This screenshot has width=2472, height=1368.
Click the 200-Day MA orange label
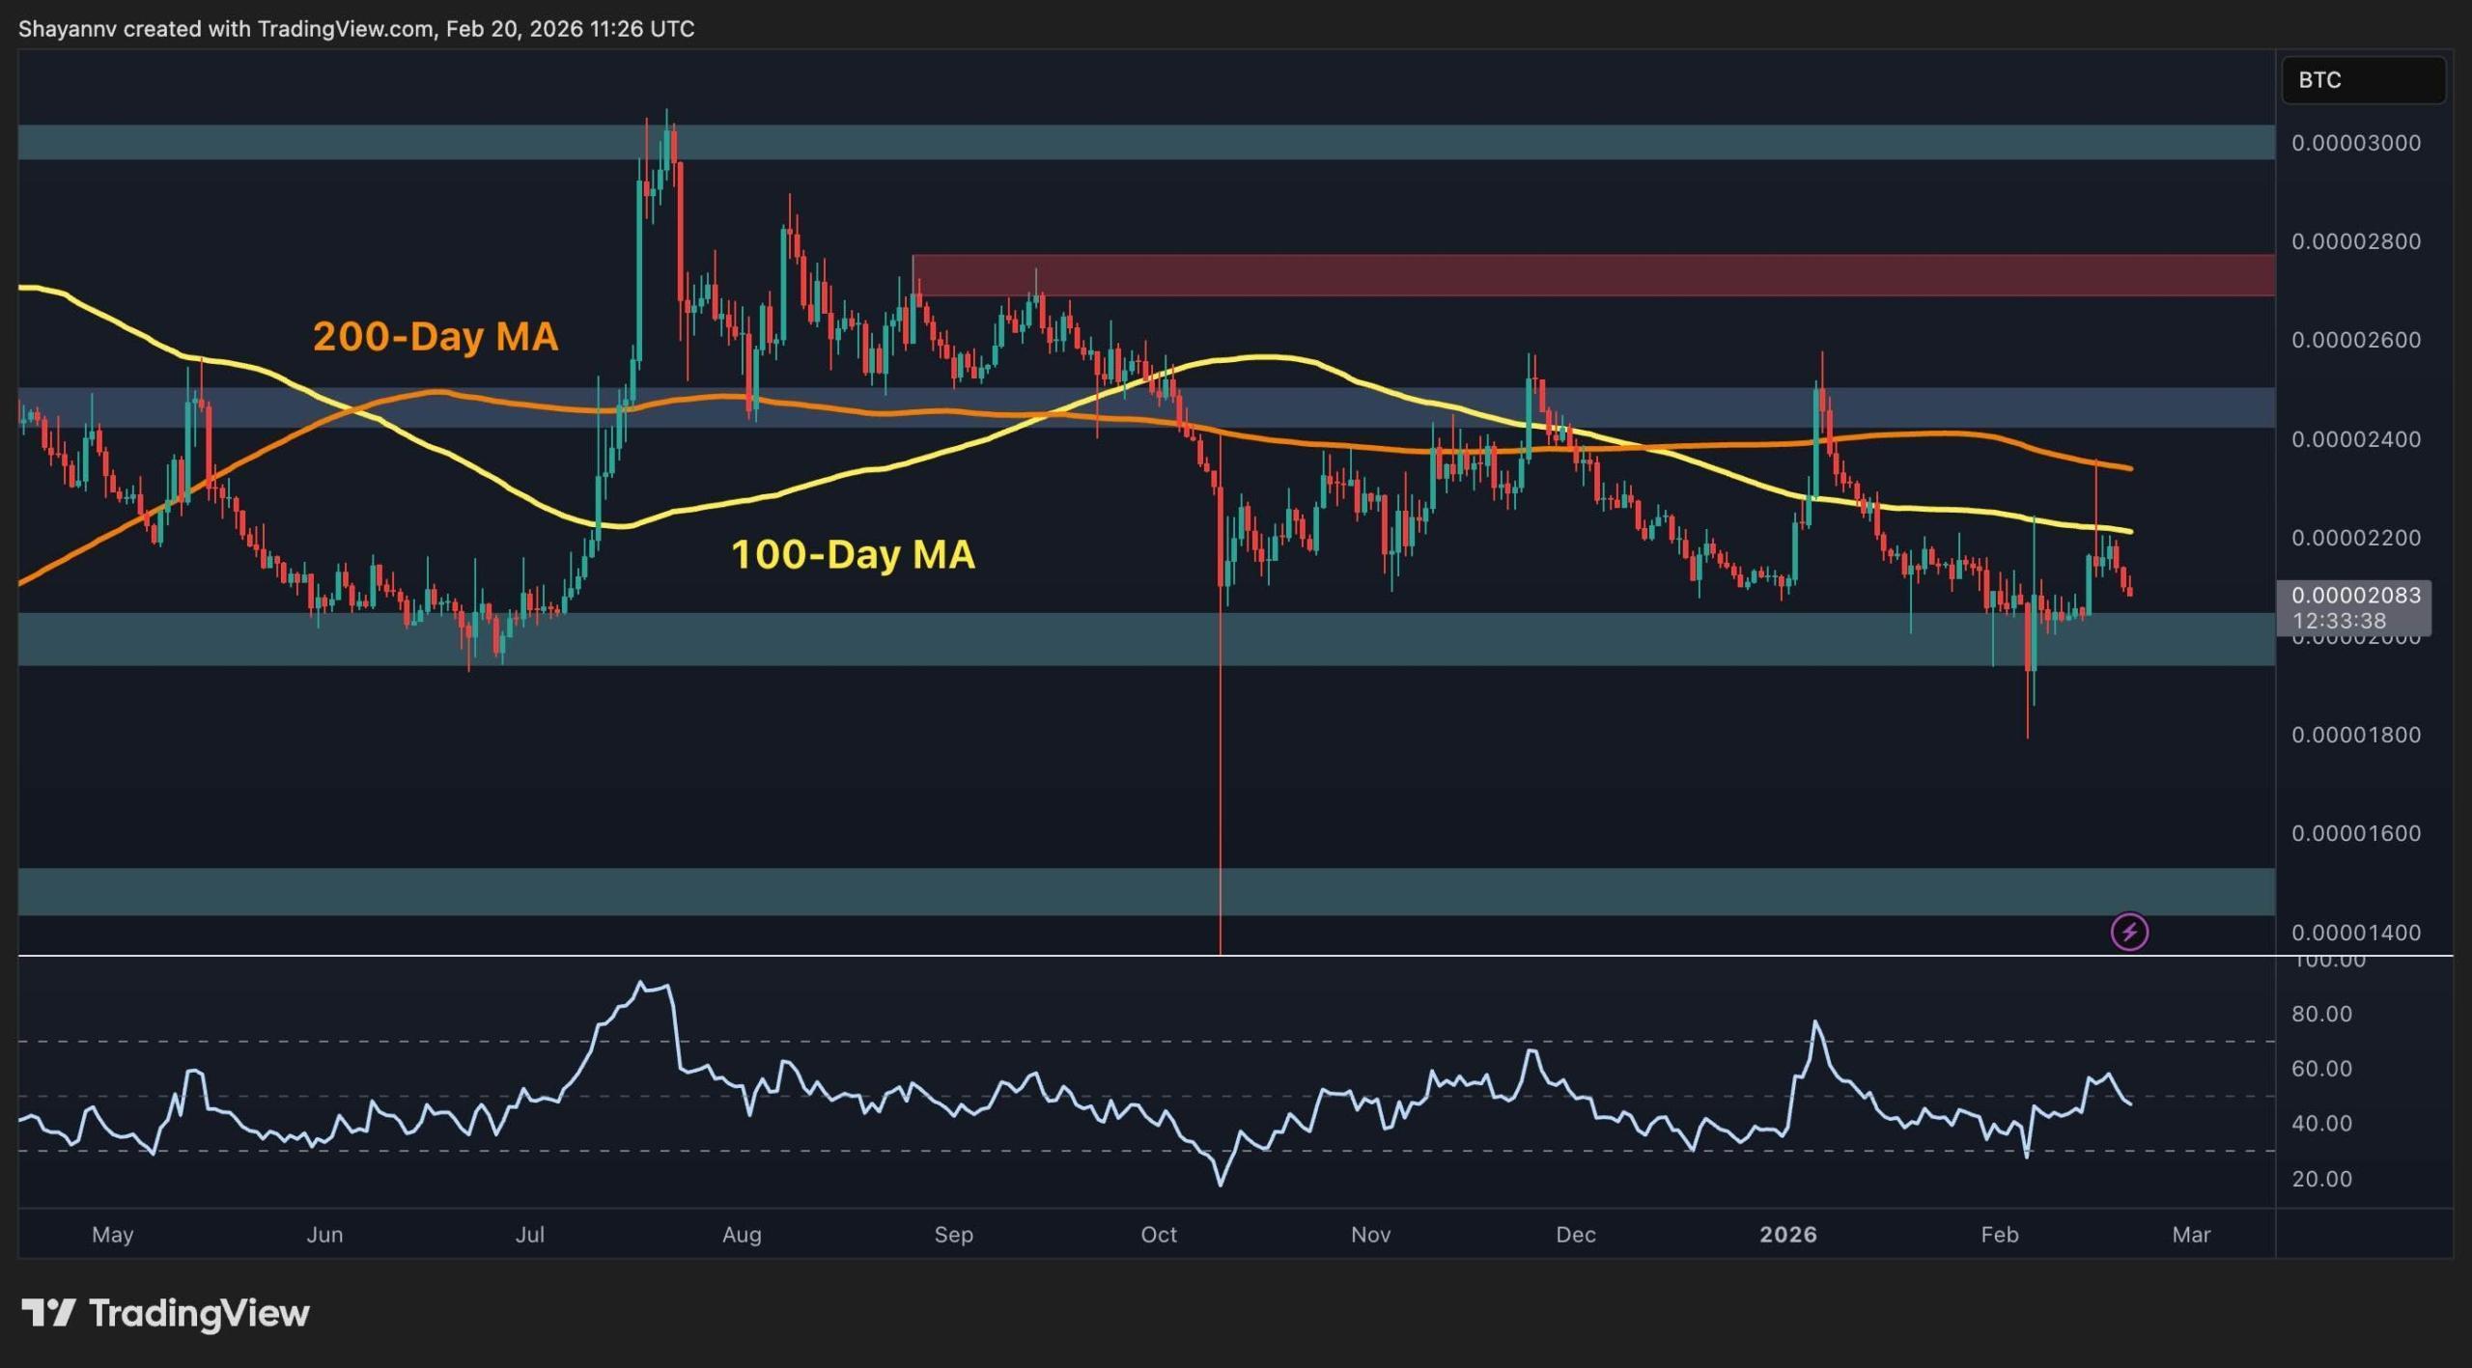point(435,337)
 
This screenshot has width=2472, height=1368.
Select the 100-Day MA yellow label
point(853,555)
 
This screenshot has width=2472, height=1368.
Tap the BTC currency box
point(2362,80)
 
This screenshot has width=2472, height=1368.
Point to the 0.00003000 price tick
point(2355,143)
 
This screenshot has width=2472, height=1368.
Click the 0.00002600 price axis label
point(2355,340)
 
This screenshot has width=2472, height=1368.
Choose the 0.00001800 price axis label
point(2355,735)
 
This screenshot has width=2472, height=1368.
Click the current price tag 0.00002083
point(2355,595)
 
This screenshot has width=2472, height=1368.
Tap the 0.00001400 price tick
point(2355,933)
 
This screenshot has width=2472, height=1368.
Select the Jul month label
point(529,1234)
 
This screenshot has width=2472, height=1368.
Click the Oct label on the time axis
point(1158,1234)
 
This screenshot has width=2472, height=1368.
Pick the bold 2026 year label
point(1787,1234)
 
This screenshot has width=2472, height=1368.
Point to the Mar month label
point(2191,1234)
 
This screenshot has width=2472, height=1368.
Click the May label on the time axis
point(112,1234)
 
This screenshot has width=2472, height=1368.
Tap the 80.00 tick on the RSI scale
point(2322,1014)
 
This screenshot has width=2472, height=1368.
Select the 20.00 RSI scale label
point(2322,1179)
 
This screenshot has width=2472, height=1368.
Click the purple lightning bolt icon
point(2129,932)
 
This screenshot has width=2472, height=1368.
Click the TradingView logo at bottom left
point(165,1313)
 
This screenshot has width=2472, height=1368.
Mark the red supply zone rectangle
point(1593,275)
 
